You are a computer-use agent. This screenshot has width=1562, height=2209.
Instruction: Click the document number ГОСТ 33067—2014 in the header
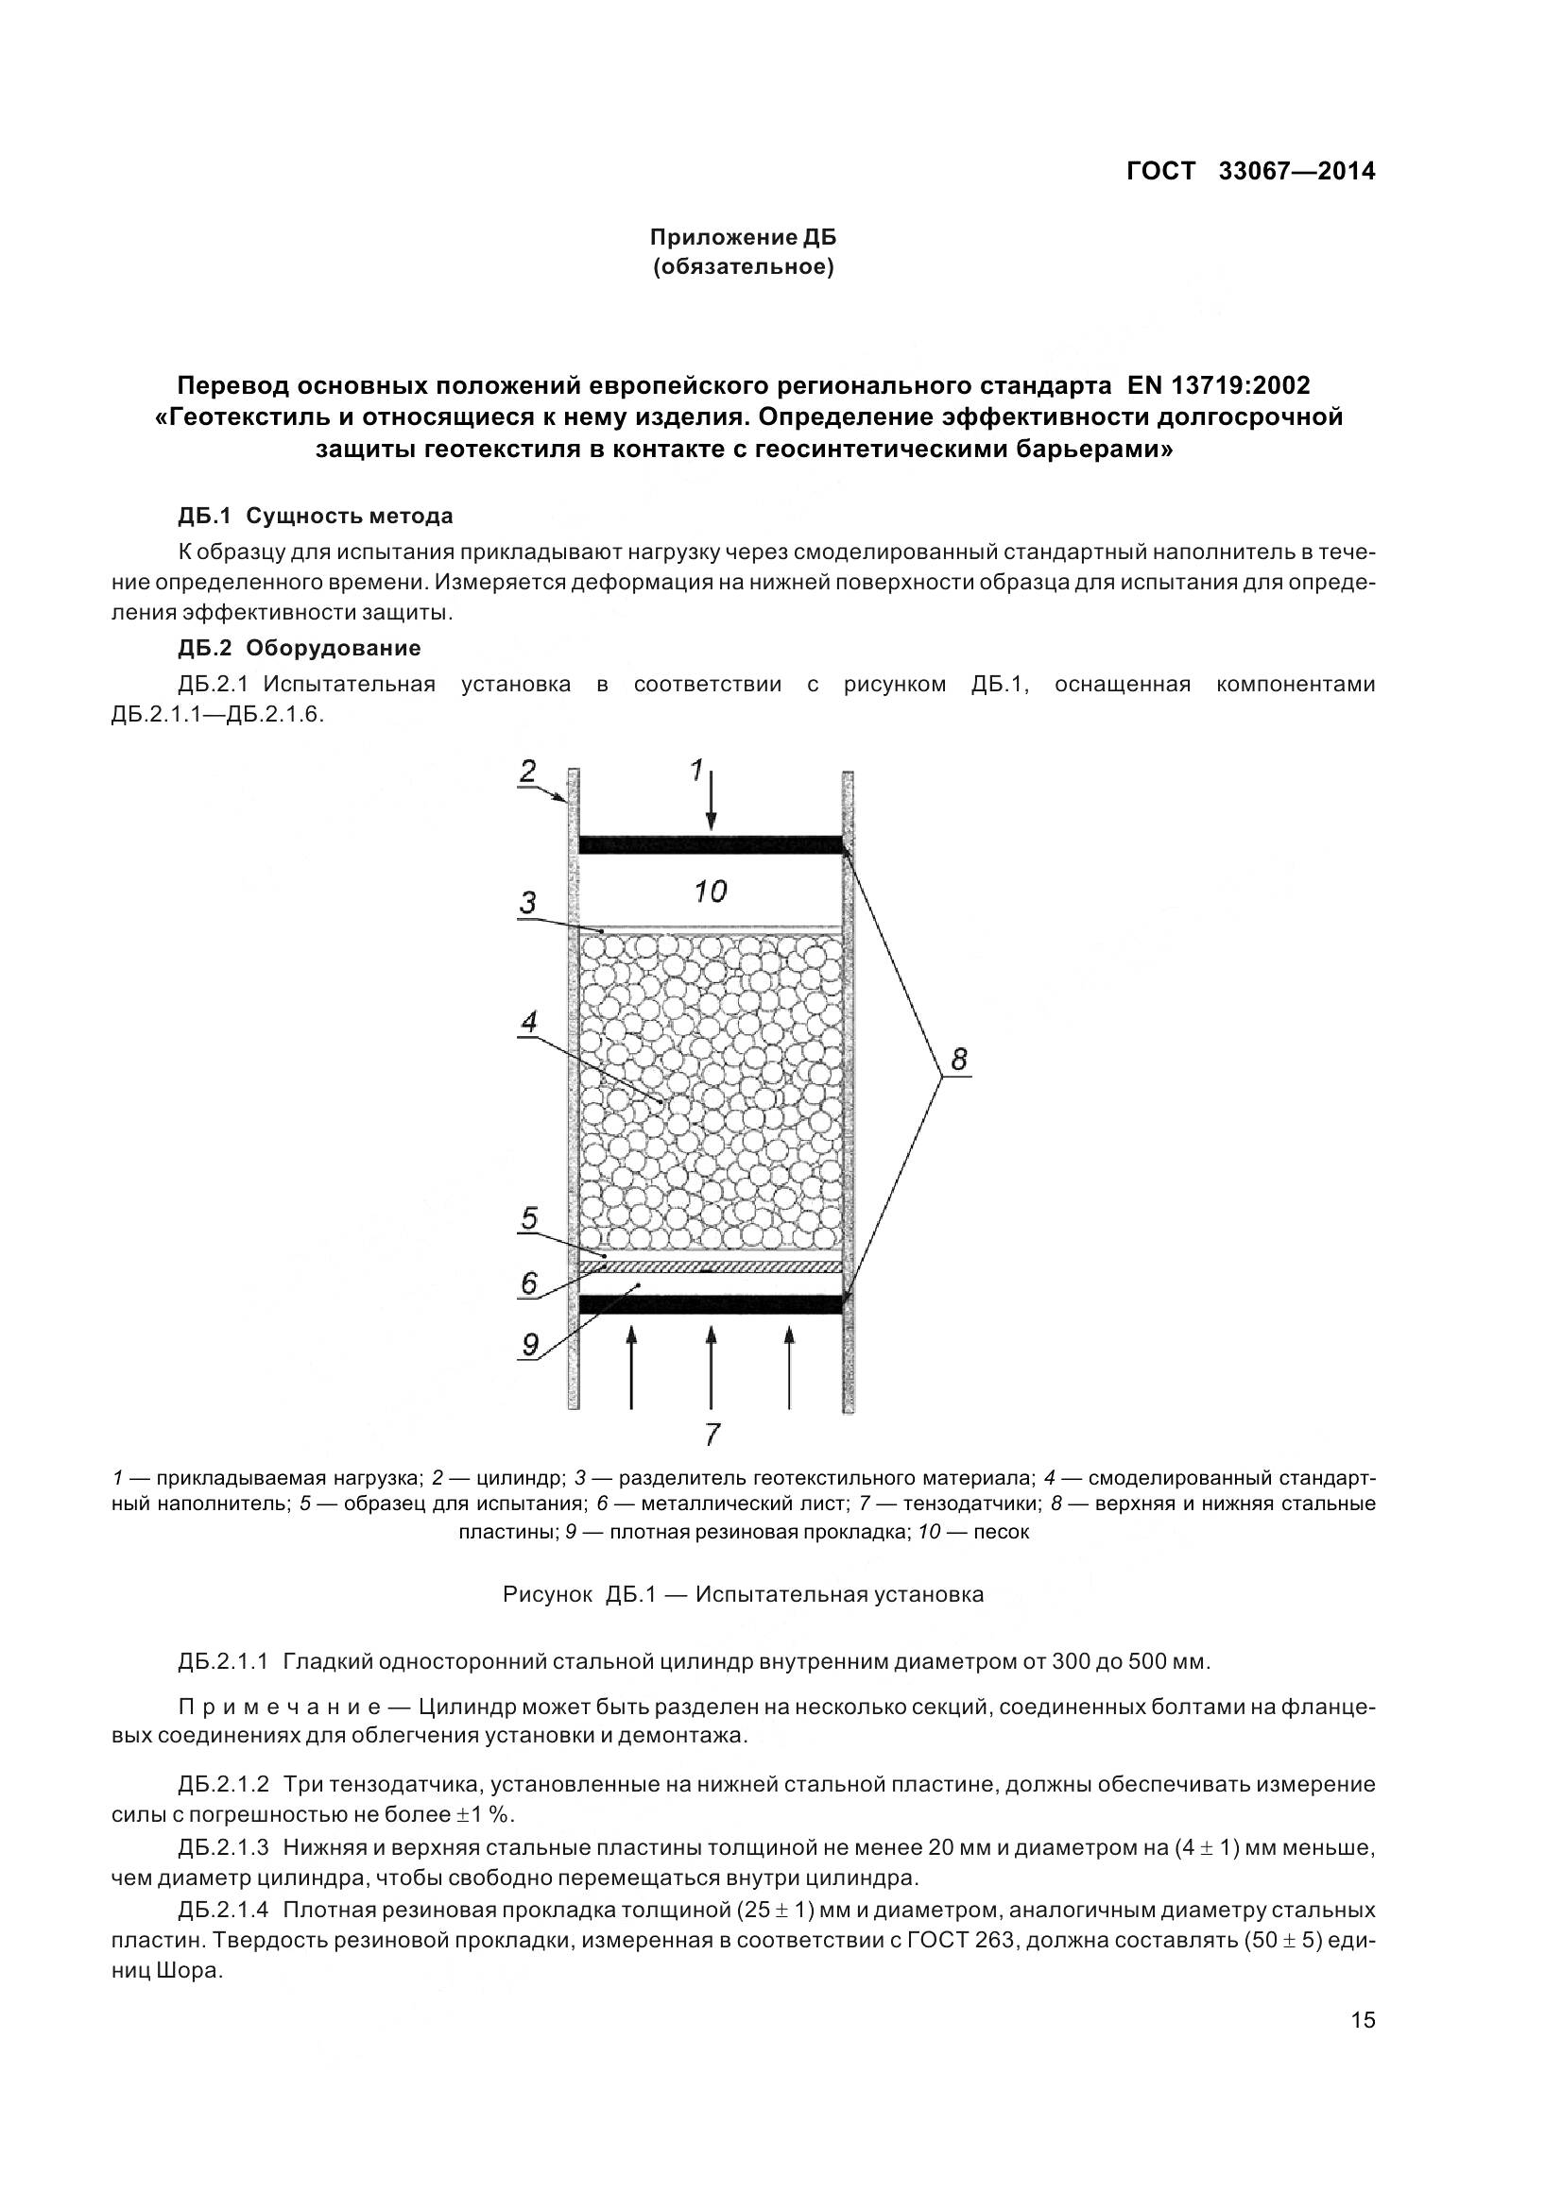[x=1250, y=171]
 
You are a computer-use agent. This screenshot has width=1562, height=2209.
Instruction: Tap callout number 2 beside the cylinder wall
[x=528, y=771]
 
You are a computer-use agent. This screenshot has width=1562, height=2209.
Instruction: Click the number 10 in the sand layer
[x=711, y=892]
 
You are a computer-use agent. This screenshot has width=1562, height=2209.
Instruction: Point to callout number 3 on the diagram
[x=527, y=903]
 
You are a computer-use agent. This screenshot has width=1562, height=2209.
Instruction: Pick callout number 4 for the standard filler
[x=528, y=1023]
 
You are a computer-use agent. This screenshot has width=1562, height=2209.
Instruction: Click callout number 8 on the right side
[x=958, y=1060]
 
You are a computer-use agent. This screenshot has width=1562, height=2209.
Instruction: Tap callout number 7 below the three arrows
[x=712, y=1435]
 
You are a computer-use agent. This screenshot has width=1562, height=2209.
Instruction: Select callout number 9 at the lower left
[x=530, y=1343]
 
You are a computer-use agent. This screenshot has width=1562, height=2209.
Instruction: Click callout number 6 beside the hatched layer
[x=528, y=1283]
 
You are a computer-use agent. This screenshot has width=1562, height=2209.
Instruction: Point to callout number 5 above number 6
[x=528, y=1219]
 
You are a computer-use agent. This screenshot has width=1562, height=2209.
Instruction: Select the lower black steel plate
[x=711, y=1303]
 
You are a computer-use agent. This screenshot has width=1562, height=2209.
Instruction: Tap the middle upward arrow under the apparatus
[x=711, y=1367]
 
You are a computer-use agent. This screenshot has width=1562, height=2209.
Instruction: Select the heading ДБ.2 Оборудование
[x=300, y=648]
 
